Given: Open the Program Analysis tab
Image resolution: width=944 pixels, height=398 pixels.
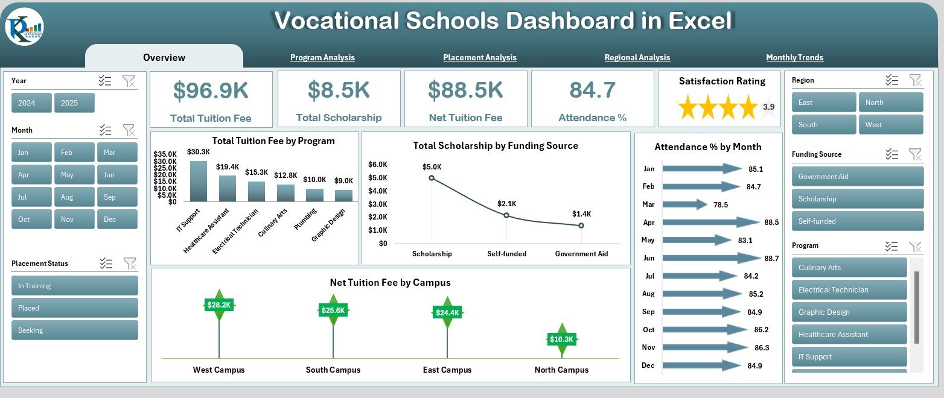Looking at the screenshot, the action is [322, 57].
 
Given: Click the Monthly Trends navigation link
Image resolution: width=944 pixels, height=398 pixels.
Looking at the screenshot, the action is [794, 57].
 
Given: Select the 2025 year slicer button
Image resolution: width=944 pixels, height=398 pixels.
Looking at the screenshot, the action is [74, 103].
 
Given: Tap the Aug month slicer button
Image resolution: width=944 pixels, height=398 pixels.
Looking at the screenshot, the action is [74, 197].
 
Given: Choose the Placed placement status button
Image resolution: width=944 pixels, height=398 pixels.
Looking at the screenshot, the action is [75, 308].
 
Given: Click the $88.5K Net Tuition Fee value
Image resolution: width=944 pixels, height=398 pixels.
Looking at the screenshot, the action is [465, 90].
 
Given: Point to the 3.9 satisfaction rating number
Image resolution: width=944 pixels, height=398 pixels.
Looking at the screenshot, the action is [769, 107].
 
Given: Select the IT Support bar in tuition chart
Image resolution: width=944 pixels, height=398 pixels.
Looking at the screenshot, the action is [199, 181].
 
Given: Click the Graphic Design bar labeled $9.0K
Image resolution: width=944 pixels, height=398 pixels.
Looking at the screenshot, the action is [343, 195].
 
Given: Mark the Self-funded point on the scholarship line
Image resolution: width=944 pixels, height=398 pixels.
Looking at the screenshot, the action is [506, 215].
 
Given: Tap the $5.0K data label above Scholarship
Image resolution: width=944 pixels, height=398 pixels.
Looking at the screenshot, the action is [432, 167].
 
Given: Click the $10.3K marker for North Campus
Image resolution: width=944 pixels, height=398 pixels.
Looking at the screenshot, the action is [562, 339].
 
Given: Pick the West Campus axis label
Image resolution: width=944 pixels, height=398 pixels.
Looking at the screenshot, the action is [218, 370].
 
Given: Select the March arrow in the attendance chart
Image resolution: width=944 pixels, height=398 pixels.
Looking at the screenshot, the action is [685, 204].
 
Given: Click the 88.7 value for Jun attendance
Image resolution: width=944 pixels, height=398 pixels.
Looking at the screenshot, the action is [771, 259].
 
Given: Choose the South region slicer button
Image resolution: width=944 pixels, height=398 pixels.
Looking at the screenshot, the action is [824, 125].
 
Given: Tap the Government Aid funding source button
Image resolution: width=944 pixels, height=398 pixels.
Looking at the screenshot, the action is [858, 177].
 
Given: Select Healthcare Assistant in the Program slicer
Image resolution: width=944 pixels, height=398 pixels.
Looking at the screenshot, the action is [849, 335].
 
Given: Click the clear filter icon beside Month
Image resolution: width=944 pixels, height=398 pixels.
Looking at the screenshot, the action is [129, 130].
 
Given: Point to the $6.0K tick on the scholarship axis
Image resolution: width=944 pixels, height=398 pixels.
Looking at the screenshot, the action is [378, 164].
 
